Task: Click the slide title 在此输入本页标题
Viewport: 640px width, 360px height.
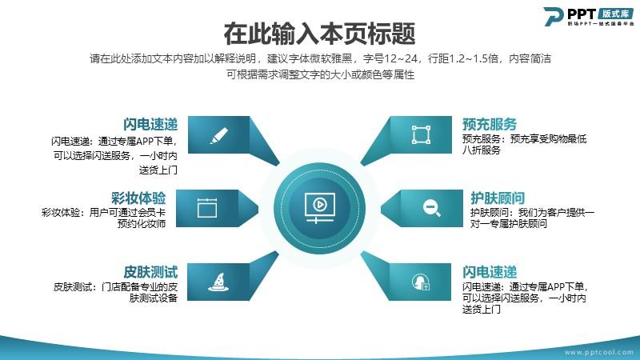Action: [x=319, y=34]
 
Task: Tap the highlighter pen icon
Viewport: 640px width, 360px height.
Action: [x=218, y=135]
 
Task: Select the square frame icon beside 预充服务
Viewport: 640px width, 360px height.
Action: [x=421, y=134]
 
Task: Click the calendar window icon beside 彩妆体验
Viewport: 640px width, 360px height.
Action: [x=207, y=208]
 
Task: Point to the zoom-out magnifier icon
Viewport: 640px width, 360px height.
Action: [x=431, y=208]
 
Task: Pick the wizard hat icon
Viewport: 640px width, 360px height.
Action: [x=218, y=282]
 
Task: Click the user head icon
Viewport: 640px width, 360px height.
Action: [x=421, y=282]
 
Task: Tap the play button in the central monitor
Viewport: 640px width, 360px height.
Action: [x=319, y=204]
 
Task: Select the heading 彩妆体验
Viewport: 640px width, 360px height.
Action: [x=138, y=198]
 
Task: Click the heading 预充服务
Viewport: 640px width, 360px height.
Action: [x=490, y=124]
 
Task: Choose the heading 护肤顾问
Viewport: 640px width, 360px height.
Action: [x=498, y=198]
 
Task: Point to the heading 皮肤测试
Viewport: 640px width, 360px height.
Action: [x=150, y=272]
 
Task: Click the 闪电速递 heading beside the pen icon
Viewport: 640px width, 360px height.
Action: [x=150, y=124]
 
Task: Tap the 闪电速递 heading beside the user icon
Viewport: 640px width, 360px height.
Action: [x=490, y=272]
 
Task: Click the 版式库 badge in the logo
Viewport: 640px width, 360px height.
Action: [x=616, y=14]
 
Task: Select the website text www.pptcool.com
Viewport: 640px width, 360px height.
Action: [x=598, y=352]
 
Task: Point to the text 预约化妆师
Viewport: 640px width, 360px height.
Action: [x=142, y=224]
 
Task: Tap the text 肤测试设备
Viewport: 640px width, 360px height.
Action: [x=154, y=298]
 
